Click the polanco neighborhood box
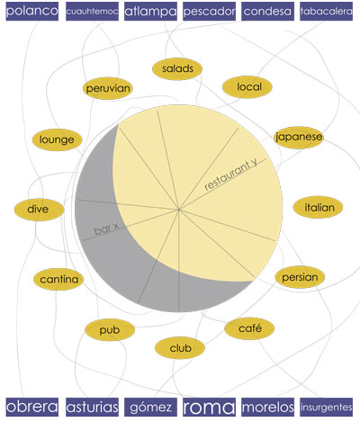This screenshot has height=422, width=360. coord(32,12)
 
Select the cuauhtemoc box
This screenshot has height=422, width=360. coord(92,12)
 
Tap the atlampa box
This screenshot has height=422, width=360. coord(150,12)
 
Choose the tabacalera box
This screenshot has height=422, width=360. coord(326,12)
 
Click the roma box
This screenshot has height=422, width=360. coord(209,407)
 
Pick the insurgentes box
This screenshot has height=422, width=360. coord(326,407)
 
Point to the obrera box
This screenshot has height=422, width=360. coord(32,407)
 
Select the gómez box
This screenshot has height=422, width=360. coord(150,407)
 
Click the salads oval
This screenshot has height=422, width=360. coord(177,69)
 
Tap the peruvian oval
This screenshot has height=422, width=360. coord(108,88)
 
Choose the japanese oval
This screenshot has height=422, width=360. coord(299,138)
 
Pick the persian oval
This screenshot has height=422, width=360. coord(300,277)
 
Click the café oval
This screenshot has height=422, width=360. coord(249,328)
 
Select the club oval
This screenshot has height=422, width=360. coord(180,348)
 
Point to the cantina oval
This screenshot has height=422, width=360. coord(58,279)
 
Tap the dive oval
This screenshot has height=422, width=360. coord(40,209)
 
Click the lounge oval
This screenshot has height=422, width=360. coord(57,139)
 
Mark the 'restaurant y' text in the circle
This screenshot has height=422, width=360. coord(231,175)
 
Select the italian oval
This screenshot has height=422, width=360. coord(318,207)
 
